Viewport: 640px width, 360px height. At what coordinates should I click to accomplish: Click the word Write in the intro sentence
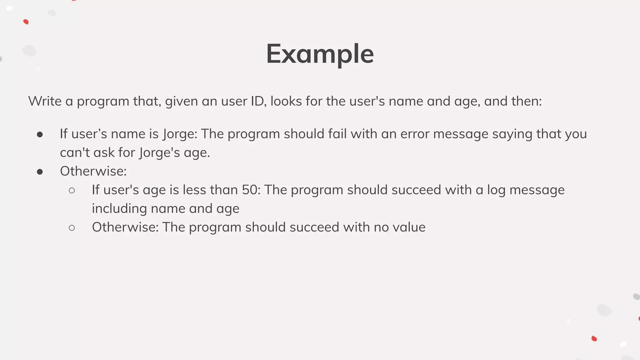[x=45, y=101]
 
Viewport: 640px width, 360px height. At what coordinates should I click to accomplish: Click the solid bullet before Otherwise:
[x=40, y=172]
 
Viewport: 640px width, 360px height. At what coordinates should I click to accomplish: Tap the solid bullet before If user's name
[x=40, y=135]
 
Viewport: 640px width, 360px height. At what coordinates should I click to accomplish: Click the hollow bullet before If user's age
[x=72, y=191]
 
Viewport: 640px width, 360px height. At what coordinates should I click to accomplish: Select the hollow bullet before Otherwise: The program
[x=72, y=228]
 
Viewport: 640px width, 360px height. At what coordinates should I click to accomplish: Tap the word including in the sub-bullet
[x=119, y=209]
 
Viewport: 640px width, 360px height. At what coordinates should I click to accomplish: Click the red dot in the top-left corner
[x=26, y=22]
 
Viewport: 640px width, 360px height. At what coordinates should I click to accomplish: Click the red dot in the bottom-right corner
[x=594, y=339]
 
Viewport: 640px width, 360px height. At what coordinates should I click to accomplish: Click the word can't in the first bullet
[x=75, y=153]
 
